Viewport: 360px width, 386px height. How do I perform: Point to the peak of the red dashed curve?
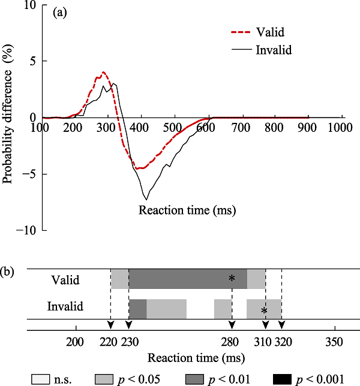(x=104, y=73)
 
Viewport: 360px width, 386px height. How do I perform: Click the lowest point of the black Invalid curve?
(x=146, y=199)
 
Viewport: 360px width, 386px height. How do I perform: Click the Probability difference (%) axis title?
(x=8, y=118)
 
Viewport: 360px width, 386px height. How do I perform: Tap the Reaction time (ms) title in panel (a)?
(x=187, y=210)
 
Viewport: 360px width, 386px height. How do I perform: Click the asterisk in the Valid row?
(x=232, y=279)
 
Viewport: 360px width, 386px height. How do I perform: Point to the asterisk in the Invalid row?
(x=264, y=310)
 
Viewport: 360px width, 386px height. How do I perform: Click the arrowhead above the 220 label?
(x=110, y=324)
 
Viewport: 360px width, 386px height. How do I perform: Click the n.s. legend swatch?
(x=40, y=378)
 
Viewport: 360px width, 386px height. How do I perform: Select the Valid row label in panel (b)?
(x=64, y=279)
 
